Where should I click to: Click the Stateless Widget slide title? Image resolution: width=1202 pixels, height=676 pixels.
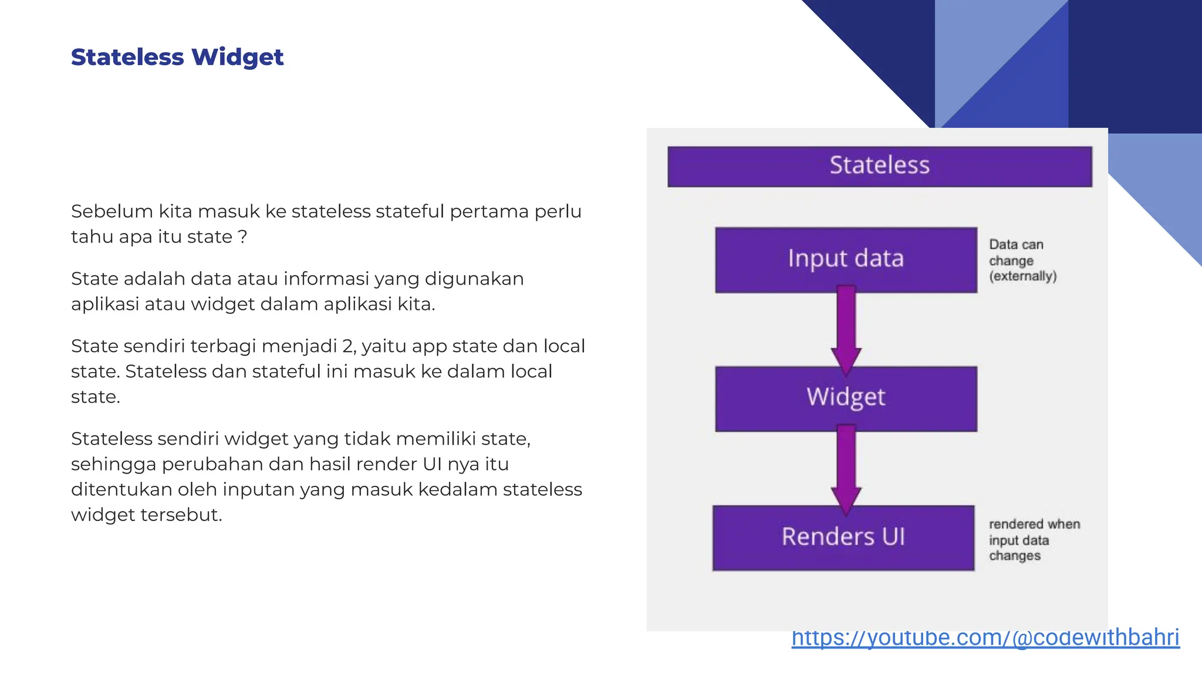click(x=177, y=57)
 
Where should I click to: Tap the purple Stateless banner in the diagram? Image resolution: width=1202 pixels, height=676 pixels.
click(x=879, y=166)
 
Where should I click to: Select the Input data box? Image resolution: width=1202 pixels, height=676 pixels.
click(x=846, y=259)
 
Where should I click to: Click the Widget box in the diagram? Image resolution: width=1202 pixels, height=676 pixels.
click(x=846, y=398)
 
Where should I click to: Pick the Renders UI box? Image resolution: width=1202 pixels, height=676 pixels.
click(x=843, y=537)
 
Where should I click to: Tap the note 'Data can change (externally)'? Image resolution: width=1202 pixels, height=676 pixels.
click(x=1022, y=260)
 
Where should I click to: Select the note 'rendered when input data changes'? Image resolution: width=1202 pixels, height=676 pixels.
click(x=1033, y=540)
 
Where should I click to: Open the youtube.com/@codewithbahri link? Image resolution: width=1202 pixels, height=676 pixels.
click(x=985, y=638)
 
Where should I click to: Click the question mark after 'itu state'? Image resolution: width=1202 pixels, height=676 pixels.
click(x=242, y=237)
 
